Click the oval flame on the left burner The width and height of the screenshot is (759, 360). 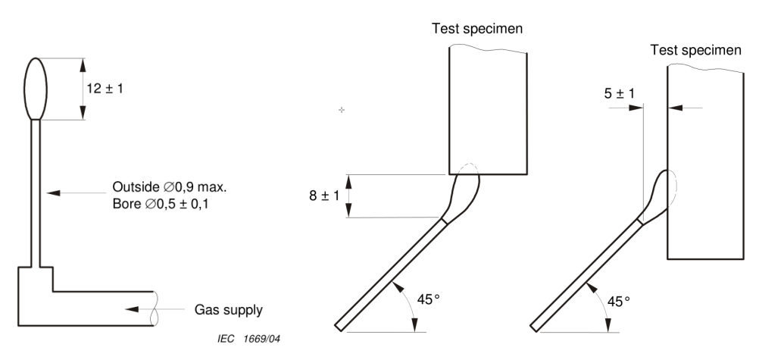click(36, 88)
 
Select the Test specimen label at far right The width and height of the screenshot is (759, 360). click(697, 51)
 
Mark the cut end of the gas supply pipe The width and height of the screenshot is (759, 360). click(156, 309)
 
